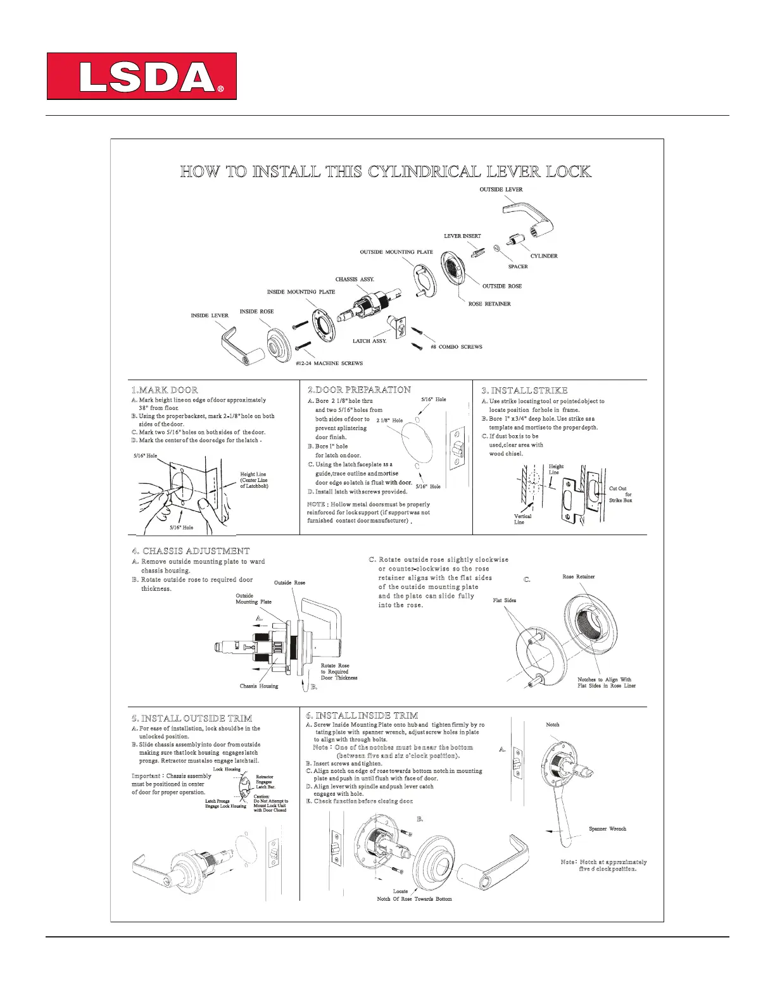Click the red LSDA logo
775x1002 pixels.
point(142,77)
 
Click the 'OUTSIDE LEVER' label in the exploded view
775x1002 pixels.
point(501,190)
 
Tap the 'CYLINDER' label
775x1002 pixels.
point(543,256)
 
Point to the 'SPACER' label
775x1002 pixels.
point(517,267)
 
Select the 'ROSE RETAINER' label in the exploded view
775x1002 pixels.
point(489,304)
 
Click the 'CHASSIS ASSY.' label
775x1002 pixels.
point(355,280)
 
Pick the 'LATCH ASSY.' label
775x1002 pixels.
point(369,342)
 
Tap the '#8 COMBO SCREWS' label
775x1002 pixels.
point(456,347)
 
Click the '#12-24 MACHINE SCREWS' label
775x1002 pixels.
point(329,364)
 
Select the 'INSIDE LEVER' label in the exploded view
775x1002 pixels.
point(210,316)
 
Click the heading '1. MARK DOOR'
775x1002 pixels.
point(165,390)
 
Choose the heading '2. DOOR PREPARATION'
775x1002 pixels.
point(359,390)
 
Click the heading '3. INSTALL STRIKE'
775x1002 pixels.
point(524,390)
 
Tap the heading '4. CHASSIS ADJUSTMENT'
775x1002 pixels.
point(191,551)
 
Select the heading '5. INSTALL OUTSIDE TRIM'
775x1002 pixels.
point(192,719)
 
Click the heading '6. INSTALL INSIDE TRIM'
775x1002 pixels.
point(362,715)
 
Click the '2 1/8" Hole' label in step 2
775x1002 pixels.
point(389,421)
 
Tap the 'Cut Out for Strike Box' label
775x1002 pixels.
point(620,494)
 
